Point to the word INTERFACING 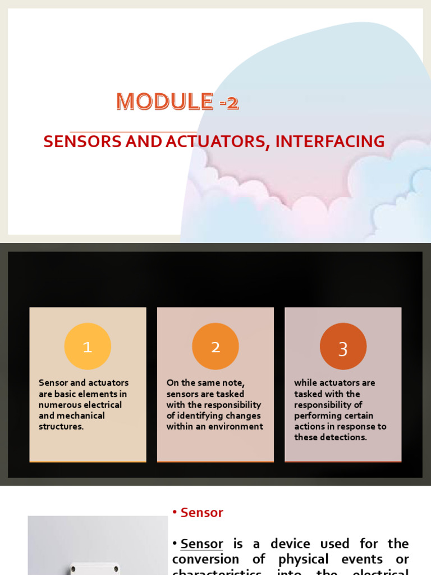pos(330,142)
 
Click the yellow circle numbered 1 pos(88,346)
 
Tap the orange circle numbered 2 pos(215,346)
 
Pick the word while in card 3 pos(305,383)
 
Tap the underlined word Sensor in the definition pos(202,544)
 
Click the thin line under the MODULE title pos(133,131)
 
